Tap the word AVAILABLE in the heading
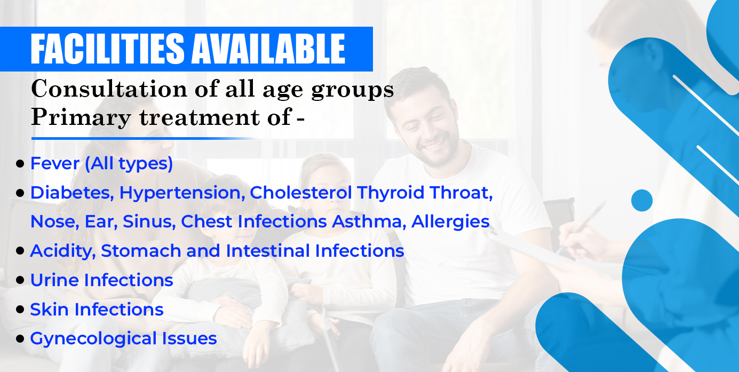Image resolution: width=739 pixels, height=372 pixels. click(x=268, y=49)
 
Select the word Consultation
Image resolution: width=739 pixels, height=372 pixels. click(x=109, y=89)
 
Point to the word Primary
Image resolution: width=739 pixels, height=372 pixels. click(x=81, y=118)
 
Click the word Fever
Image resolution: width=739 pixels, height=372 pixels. click(x=55, y=163)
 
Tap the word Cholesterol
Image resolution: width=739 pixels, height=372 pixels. click(x=301, y=193)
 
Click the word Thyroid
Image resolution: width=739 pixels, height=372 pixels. click(x=391, y=193)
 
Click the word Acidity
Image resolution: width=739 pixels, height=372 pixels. click(x=63, y=251)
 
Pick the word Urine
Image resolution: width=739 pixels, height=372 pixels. click(x=54, y=280)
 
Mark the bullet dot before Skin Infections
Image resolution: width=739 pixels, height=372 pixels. click(x=20, y=310)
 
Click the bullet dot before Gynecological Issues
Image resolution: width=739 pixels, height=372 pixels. click(x=20, y=339)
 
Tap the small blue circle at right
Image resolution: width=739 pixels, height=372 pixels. click(x=642, y=200)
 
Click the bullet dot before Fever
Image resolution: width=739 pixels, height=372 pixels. click(x=20, y=163)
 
